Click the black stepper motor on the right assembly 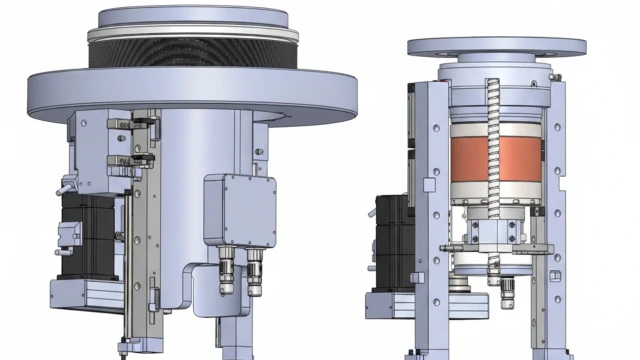click(389, 240)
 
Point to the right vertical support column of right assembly click(555, 200)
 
